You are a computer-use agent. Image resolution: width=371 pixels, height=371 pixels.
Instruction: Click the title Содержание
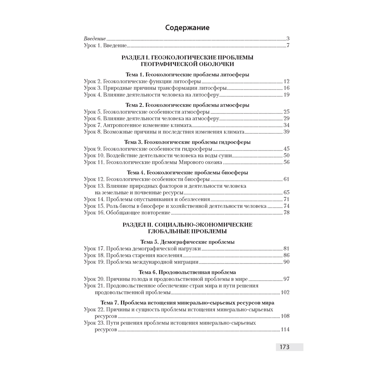187,27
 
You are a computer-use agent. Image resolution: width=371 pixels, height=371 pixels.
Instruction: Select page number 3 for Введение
288,39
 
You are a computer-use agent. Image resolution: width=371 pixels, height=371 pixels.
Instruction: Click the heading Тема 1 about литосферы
187,75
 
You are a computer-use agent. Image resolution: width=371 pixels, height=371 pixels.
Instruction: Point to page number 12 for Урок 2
286,81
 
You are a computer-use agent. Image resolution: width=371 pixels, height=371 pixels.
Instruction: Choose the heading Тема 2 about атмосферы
187,105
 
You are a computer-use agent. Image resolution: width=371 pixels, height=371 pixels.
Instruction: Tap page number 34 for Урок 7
286,125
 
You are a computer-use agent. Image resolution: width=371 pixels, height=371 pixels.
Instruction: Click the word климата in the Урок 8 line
232,132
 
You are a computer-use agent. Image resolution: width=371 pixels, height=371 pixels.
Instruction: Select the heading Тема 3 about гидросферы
187,142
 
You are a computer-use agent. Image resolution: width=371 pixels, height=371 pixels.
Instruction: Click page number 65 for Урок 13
286,193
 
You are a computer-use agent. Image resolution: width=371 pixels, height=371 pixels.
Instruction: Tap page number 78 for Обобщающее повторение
286,213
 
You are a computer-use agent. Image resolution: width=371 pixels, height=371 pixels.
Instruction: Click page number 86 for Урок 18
286,255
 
